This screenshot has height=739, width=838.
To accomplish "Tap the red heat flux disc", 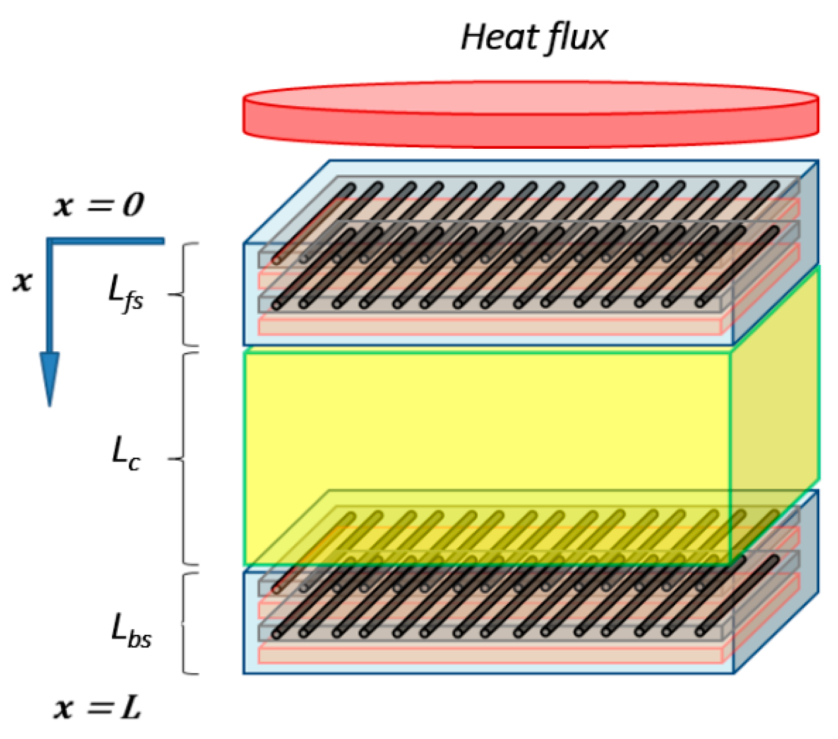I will [x=531, y=114].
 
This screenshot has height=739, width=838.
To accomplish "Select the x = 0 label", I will [x=98, y=205].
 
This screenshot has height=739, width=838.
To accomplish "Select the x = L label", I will [x=97, y=708].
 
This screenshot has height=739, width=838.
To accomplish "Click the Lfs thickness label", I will [x=125, y=296].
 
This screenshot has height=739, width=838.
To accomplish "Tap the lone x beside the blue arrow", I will [x=22, y=281].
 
